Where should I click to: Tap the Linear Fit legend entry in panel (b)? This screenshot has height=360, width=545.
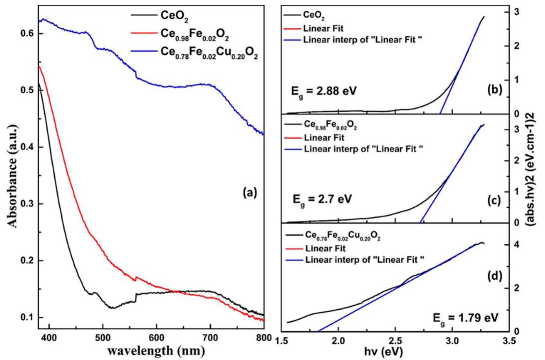pyautogui.click(x=323, y=29)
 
